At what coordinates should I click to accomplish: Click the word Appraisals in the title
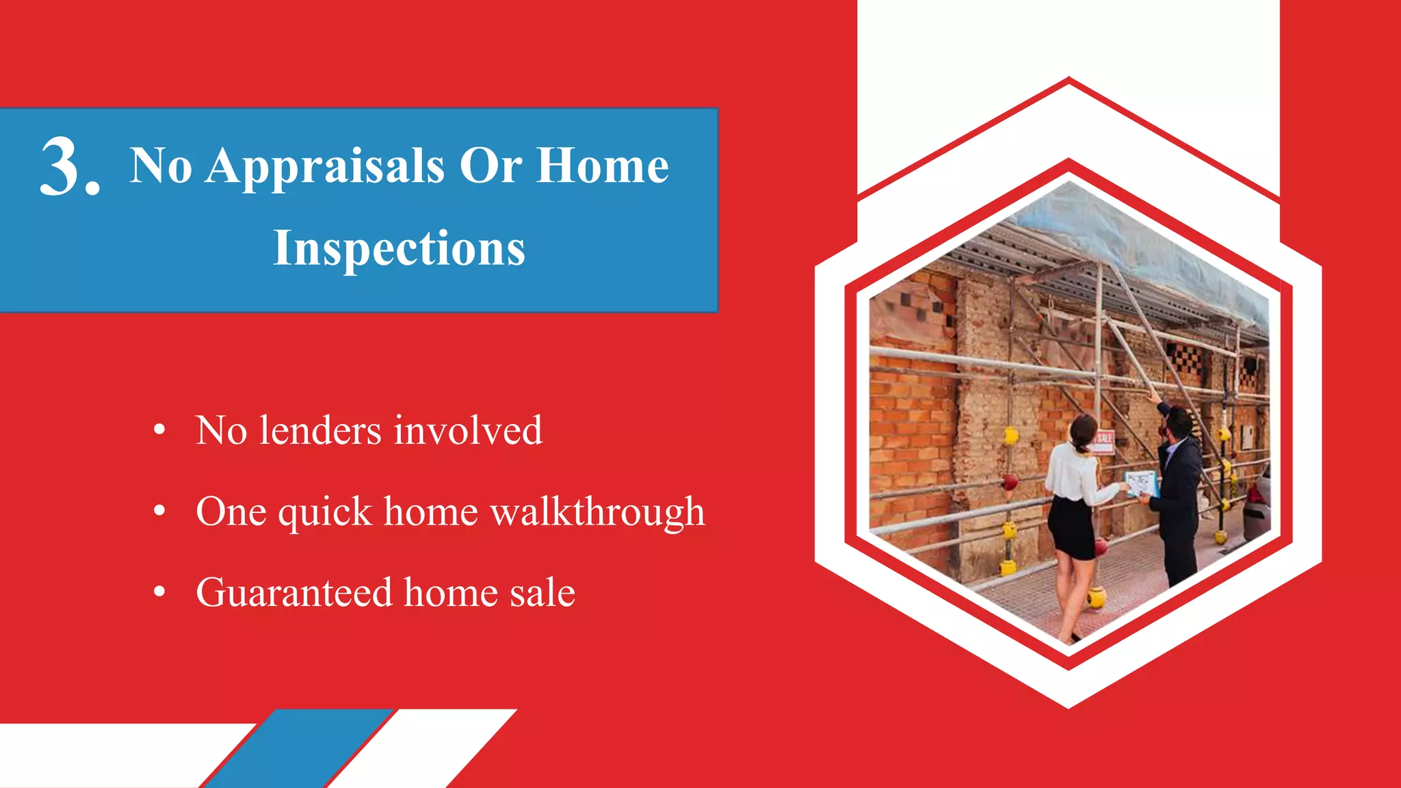(325, 168)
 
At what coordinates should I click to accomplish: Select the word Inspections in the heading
(400, 248)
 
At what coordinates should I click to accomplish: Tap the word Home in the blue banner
(602, 166)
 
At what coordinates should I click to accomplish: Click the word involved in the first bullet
(468, 431)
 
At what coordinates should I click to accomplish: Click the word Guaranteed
(294, 592)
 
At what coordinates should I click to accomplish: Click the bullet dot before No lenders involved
(159, 430)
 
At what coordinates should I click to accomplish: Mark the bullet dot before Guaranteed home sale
(159, 592)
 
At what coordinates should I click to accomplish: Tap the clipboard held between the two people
(1141, 483)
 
